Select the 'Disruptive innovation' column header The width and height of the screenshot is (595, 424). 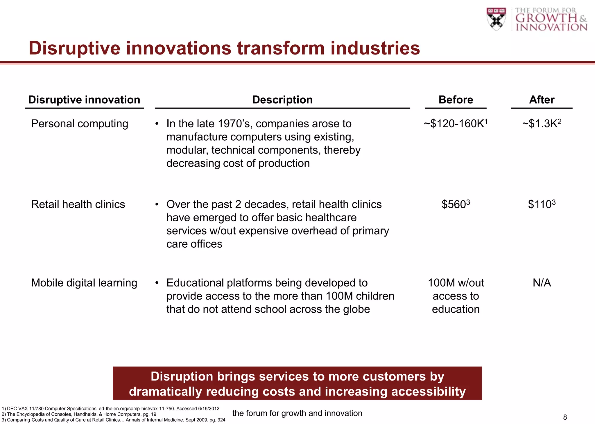[84, 100]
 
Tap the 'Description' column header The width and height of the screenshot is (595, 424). [282, 100]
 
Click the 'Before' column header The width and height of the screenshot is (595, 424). [456, 100]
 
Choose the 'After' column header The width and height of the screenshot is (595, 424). [542, 100]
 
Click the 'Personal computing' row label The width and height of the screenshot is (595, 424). [80, 124]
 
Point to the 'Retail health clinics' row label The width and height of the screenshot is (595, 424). [78, 204]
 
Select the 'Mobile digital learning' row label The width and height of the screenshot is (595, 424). [84, 283]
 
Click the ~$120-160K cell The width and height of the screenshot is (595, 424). [455, 124]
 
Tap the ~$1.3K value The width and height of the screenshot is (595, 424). [541, 124]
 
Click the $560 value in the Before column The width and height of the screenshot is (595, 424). [455, 204]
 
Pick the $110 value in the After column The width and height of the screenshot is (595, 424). [541, 204]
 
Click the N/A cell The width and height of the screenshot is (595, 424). [542, 283]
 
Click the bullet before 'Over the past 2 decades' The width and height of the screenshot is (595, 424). [157, 204]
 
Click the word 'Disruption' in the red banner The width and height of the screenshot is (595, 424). [181, 376]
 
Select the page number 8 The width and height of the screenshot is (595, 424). [565, 417]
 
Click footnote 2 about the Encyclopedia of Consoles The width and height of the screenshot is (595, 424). [79, 414]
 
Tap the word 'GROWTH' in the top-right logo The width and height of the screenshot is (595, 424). [546, 18]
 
